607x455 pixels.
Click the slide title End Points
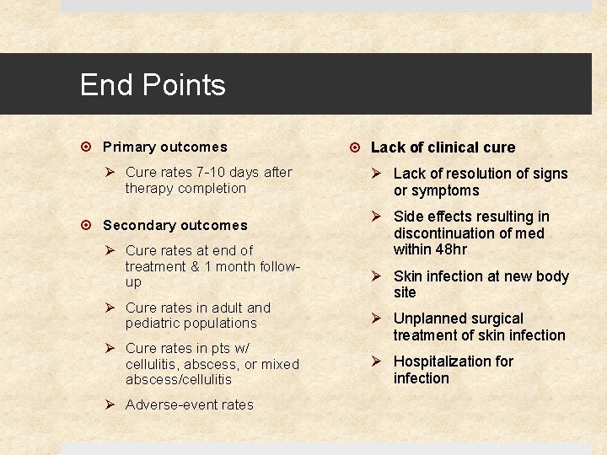point(153,85)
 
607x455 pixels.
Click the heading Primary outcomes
point(164,147)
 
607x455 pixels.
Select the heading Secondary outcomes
point(175,225)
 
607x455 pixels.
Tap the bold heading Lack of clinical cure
point(443,147)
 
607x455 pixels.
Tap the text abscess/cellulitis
point(178,379)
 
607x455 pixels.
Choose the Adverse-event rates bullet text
point(189,404)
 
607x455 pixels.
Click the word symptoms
point(446,190)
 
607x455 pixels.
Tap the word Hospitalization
point(441,361)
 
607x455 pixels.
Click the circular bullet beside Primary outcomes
point(89,147)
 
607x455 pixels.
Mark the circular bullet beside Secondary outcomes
point(89,225)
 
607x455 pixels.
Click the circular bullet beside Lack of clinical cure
point(357,147)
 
